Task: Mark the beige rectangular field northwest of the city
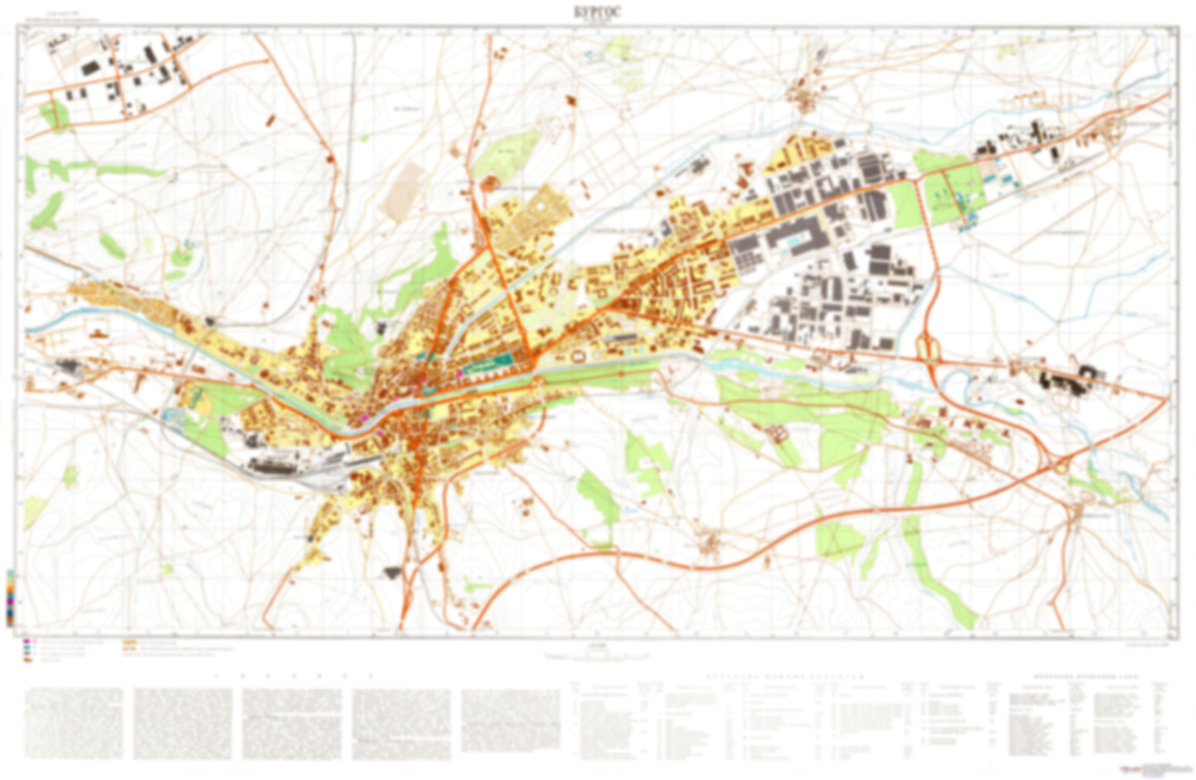(405, 190)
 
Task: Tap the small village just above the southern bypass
(709, 543)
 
